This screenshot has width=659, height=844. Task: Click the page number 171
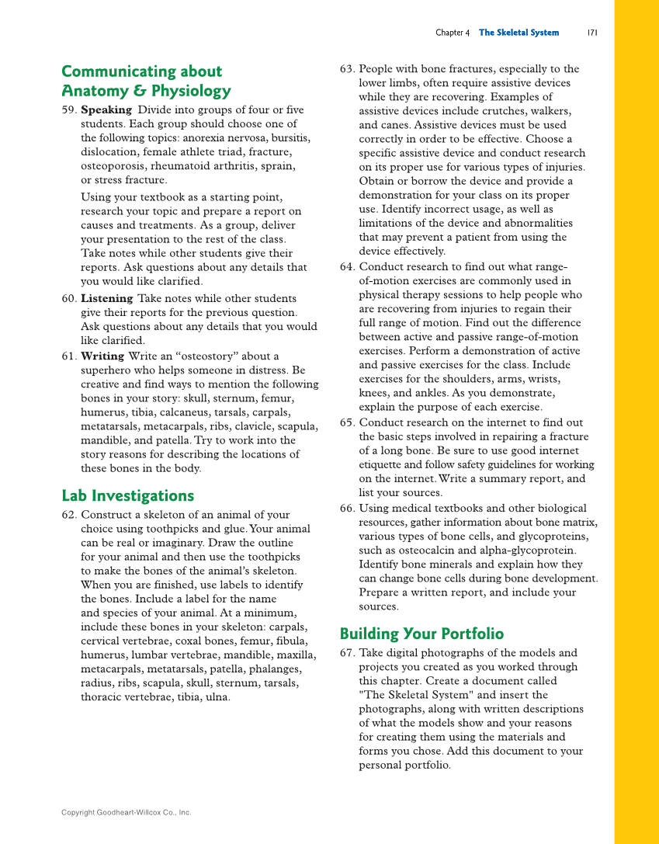[591, 33]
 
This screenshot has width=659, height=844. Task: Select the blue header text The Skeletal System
[519, 33]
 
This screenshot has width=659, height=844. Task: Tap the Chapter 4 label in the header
[453, 33]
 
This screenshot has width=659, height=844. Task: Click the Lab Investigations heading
[127, 495]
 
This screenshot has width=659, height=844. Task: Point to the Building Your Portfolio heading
[421, 634]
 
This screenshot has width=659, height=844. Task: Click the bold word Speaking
[106, 109]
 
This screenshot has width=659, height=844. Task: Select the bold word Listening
[107, 298]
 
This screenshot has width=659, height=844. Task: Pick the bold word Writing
[102, 356]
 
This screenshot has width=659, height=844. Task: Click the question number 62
[68, 515]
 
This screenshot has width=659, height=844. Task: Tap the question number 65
[347, 422]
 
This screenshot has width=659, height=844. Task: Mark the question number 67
[347, 653]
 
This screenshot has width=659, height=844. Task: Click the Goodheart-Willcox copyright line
[126, 812]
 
